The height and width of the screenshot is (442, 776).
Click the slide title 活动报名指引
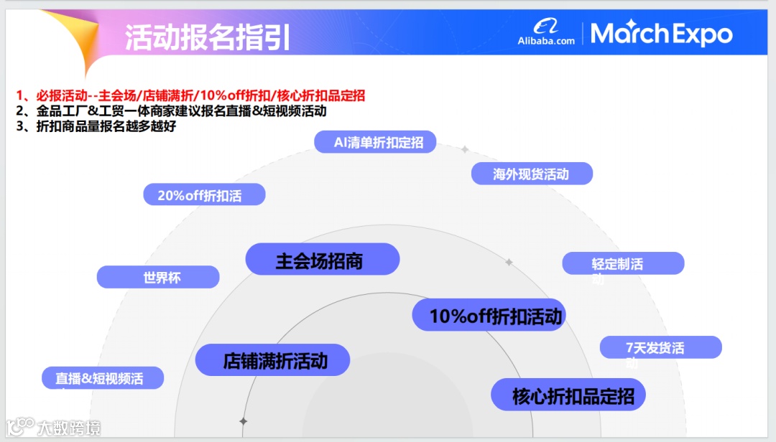[x=208, y=37]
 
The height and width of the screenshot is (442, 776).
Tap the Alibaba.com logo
[x=546, y=33]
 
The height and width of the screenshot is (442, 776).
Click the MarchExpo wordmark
[x=662, y=34]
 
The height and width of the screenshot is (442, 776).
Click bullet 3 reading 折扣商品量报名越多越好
[x=96, y=127]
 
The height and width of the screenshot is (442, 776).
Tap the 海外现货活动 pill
[x=532, y=174]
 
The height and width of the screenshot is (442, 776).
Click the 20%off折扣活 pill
[x=204, y=194]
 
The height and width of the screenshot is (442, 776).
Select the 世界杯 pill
[x=158, y=277]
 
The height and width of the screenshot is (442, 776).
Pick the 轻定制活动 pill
[x=622, y=263]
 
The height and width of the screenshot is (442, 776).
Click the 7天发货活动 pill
[x=660, y=348]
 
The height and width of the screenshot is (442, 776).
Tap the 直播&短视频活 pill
[x=103, y=378]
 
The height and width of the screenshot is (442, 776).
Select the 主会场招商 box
[x=322, y=259]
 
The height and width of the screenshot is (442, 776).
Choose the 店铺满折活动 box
[x=272, y=359]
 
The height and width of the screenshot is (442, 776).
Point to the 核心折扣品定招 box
[x=568, y=395]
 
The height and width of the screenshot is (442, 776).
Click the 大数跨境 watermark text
[x=69, y=428]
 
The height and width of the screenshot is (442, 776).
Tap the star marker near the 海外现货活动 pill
[x=465, y=149]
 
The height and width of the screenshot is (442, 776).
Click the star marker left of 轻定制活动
[x=509, y=263]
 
